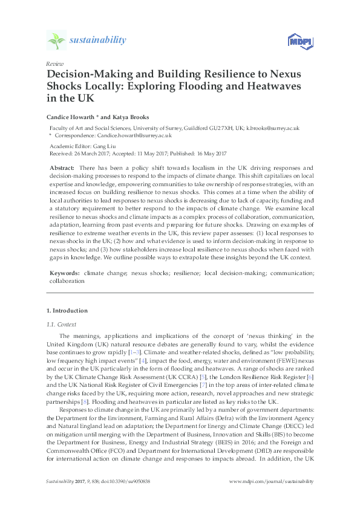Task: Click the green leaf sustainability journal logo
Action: pyautogui.click(x=57, y=41)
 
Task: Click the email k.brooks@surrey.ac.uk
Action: pyautogui.click(x=273, y=128)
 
